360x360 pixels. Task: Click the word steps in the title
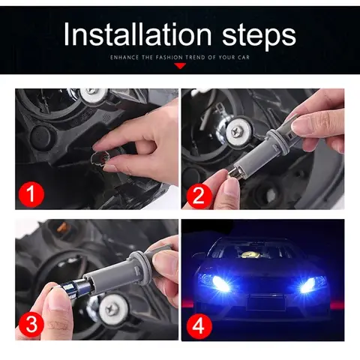[x=259, y=37]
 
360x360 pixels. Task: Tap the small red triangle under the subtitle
[x=180, y=66]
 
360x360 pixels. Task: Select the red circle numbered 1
[x=31, y=194]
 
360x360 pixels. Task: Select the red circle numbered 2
[x=199, y=196]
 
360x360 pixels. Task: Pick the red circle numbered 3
[x=31, y=323]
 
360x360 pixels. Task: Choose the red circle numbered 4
[x=199, y=325]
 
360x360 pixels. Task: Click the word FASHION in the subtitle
[x=169, y=58]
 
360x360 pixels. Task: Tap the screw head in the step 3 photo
[x=110, y=310]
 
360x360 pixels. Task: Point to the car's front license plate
[x=265, y=302]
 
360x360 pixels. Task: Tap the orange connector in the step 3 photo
[x=62, y=227]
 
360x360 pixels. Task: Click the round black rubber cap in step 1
[x=42, y=136]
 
